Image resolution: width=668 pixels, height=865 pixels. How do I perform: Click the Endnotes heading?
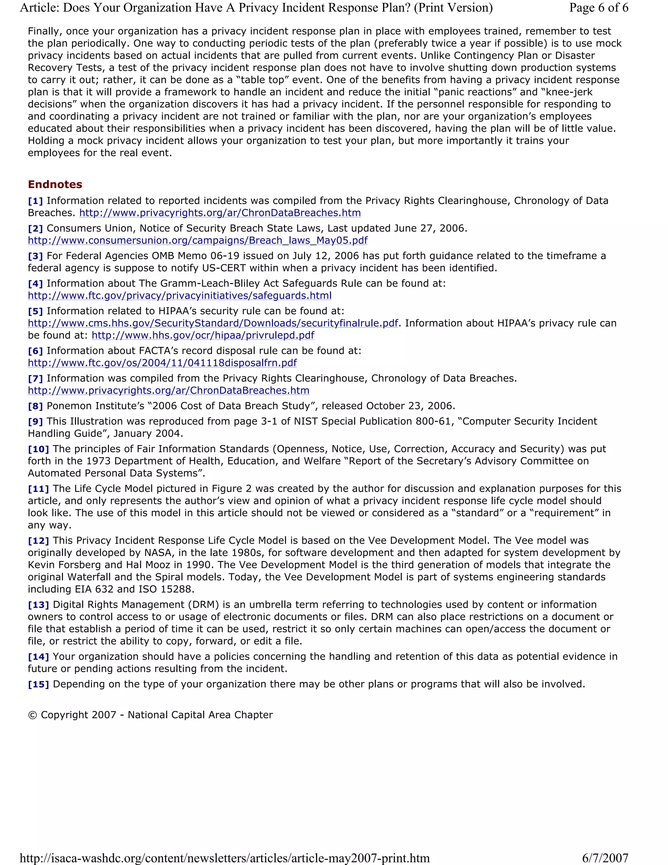pos(55,184)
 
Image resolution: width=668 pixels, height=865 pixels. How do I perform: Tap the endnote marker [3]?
pos(35,256)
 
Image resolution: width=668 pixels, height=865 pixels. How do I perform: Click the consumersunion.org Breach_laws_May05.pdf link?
pos(197,241)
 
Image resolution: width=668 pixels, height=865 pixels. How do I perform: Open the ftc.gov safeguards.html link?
pos(180,295)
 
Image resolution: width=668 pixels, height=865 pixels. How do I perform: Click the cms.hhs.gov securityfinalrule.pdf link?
pos(213,323)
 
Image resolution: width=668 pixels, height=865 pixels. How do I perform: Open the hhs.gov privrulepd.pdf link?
pos(203,336)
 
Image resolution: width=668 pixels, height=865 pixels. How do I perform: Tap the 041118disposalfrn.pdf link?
pos(162,363)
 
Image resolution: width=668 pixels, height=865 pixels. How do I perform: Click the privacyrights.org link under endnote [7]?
pos(169,390)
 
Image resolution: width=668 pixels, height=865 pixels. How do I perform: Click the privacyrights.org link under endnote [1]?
pos(220,213)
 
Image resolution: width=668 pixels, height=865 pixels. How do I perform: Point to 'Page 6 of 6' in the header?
pos(598,8)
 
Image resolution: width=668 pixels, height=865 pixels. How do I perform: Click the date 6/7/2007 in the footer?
pos(605,858)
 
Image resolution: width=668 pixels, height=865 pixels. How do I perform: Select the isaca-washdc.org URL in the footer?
pos(224,858)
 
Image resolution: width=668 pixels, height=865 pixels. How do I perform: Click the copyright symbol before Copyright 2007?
pos(32,715)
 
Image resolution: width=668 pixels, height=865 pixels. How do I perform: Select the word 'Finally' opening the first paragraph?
pos(43,31)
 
